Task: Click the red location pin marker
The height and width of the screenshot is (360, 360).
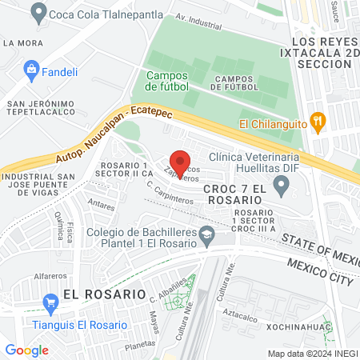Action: point(181,163)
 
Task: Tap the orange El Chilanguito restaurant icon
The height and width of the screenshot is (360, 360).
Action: point(318,122)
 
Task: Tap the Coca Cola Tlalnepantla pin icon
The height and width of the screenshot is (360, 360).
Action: point(37,12)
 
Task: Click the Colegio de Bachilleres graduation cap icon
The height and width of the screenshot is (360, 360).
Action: point(207,234)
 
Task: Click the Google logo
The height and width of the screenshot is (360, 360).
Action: point(26,349)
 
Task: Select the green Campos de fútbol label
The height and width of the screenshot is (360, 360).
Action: point(168,80)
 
